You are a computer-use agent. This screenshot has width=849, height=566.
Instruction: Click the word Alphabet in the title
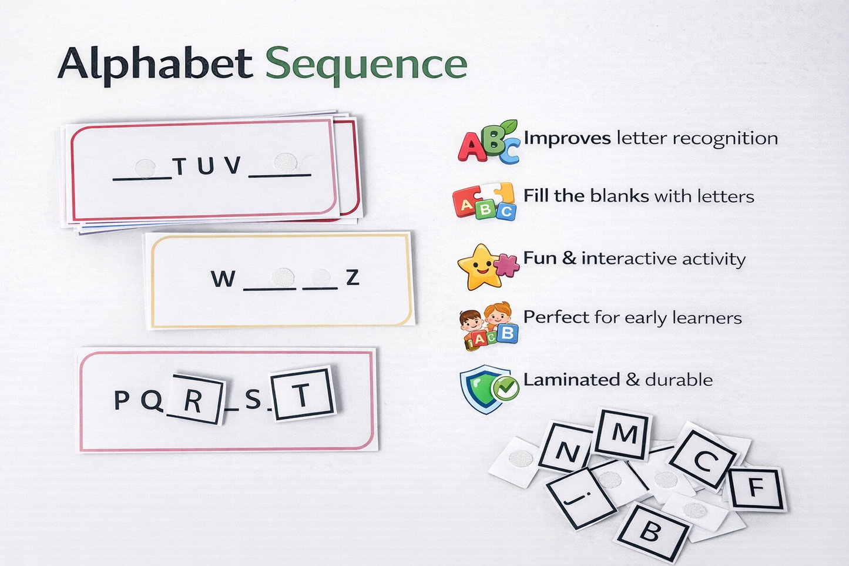[x=155, y=63]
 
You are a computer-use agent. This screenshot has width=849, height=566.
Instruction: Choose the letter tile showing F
[x=756, y=488]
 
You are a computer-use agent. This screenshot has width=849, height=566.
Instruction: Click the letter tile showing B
[x=650, y=532]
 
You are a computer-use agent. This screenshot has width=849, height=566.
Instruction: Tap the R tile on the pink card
[x=194, y=400]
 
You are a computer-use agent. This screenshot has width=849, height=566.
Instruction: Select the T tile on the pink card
[x=302, y=394]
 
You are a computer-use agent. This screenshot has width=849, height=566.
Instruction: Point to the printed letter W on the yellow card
[x=223, y=279]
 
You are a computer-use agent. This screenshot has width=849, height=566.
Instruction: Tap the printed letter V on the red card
[x=233, y=166]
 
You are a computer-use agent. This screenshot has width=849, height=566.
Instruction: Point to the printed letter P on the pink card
[x=122, y=400]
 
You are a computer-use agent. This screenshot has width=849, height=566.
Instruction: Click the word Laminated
[x=563, y=380]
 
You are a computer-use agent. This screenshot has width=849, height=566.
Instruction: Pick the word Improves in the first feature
[x=567, y=138]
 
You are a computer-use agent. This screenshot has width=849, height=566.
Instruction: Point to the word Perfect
[x=556, y=317]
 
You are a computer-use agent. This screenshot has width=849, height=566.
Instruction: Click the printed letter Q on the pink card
[x=152, y=400]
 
